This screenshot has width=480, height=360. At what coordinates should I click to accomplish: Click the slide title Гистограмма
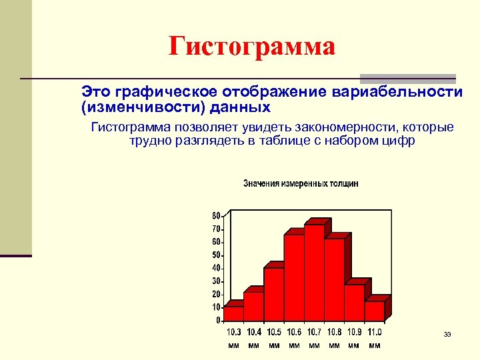click(251, 47)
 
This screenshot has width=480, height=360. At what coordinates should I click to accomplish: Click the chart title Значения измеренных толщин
click(301, 183)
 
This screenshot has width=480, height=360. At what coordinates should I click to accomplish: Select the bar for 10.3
click(233, 314)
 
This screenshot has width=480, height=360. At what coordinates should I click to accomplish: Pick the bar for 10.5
click(273, 295)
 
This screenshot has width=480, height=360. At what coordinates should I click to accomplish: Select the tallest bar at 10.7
click(314, 273)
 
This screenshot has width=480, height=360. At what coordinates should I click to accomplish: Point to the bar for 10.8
click(334, 280)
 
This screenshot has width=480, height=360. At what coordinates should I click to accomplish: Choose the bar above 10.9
click(354, 303)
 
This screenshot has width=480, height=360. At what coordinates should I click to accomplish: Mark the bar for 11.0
click(374, 311)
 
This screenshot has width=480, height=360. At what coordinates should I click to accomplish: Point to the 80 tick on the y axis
click(216, 215)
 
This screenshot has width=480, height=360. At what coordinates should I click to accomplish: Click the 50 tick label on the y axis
click(216, 255)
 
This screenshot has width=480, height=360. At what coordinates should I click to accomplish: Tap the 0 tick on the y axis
click(218, 320)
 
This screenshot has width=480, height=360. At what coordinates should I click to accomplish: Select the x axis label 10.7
click(314, 332)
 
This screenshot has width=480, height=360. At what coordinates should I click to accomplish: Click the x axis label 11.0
click(374, 332)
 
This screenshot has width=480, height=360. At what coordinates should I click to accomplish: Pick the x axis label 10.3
click(234, 332)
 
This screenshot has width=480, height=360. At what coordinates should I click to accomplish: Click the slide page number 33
click(447, 334)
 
